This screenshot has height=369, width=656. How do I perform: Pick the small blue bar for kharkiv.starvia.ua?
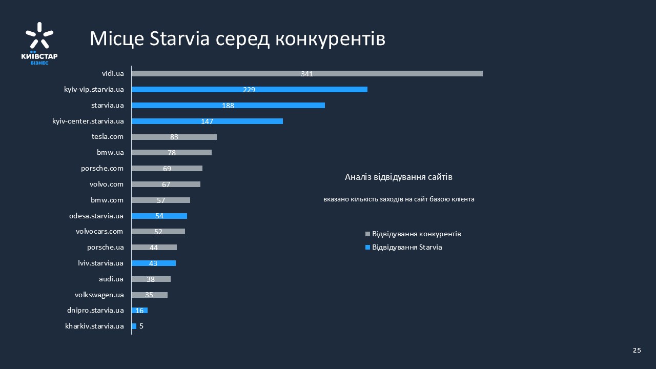click(134, 326)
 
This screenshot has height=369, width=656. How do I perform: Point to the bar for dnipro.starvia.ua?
click(139, 310)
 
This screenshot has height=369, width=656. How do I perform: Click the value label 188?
click(228, 106)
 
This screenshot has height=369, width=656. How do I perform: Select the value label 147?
click(207, 121)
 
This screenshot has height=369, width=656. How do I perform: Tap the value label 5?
click(141, 326)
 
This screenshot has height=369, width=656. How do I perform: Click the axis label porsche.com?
click(102, 168)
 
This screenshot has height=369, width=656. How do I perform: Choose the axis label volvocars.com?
click(99, 231)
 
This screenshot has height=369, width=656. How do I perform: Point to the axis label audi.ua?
click(111, 279)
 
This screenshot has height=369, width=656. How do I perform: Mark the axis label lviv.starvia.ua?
click(97, 263)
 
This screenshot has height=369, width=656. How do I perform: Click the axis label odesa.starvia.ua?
click(96, 216)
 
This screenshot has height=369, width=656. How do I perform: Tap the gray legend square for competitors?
click(367, 234)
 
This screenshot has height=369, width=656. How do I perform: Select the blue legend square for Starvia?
click(367, 248)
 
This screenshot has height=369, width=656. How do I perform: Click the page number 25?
click(637, 350)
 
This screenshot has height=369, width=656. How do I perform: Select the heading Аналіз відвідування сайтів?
click(399, 177)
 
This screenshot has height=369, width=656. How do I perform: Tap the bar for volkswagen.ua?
click(150, 295)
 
